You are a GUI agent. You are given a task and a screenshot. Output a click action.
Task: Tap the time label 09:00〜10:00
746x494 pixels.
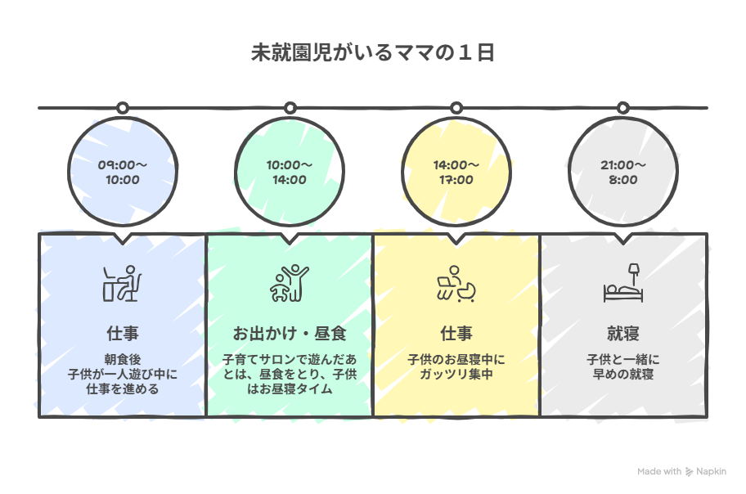(122, 173)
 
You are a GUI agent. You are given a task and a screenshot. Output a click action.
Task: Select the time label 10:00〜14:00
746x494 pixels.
(289, 173)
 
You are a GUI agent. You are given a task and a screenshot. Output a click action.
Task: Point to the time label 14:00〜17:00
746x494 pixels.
(456, 173)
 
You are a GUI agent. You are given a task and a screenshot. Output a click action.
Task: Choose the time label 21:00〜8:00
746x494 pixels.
(622, 173)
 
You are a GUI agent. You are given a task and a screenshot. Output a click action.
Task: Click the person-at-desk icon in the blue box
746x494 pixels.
(122, 284)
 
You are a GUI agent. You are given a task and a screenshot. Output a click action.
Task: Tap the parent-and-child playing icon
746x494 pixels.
(289, 284)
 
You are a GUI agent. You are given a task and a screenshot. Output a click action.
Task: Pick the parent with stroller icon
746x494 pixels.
(456, 284)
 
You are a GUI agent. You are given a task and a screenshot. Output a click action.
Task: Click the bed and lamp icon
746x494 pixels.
(622, 282)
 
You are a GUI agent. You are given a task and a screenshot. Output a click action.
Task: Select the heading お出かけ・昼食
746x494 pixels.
(289, 334)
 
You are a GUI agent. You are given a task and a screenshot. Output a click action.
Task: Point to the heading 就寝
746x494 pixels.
(622, 334)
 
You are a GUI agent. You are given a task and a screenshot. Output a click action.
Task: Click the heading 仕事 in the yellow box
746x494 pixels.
(456, 334)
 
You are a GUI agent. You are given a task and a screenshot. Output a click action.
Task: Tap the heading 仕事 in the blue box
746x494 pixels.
(122, 334)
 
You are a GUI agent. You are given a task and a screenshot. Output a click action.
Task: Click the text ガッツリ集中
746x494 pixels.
(456, 375)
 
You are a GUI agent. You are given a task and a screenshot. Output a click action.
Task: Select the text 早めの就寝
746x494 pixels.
(622, 375)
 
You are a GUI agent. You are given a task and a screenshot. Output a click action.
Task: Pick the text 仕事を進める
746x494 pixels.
(122, 389)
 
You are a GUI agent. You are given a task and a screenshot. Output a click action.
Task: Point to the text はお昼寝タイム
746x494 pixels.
(289, 389)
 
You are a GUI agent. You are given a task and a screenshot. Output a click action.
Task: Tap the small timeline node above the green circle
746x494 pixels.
(289, 108)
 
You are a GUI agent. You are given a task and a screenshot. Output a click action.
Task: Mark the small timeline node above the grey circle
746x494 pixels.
(622, 108)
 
